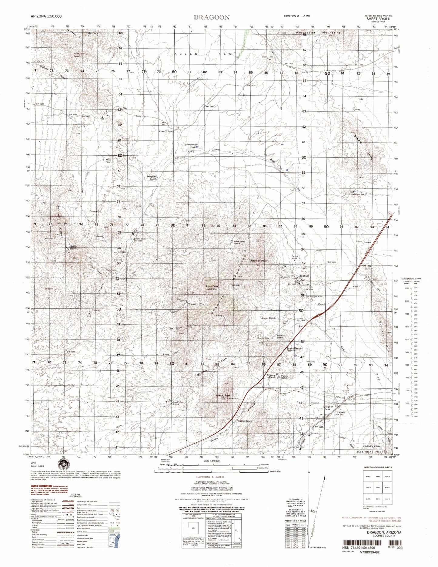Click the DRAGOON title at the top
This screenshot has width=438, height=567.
[212, 17]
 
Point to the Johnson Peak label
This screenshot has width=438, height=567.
[259, 261]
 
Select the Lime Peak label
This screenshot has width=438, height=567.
[212, 286]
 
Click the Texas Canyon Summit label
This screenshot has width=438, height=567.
[295, 349]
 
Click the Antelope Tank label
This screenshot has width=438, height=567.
[359, 194]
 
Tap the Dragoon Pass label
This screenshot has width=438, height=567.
[328, 408]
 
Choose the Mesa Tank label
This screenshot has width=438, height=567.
[108, 160]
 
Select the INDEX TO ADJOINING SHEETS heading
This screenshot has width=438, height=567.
[377, 467]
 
